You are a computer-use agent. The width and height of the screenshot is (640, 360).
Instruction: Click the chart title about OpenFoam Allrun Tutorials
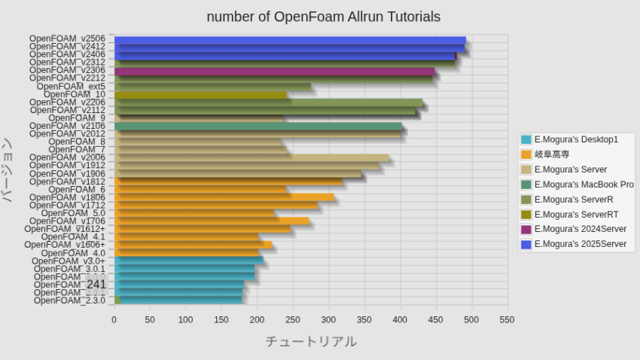click(324, 17)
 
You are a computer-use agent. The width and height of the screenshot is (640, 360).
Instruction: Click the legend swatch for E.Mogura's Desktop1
click(526, 140)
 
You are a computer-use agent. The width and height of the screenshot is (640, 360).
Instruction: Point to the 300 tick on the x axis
click(329, 319)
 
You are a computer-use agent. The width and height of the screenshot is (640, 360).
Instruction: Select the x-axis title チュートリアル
click(311, 342)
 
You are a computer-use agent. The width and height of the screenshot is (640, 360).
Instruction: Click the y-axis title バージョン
click(8, 170)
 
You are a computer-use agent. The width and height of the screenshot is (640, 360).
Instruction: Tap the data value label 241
click(96, 285)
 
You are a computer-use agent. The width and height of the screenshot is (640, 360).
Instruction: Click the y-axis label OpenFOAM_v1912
click(67, 166)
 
